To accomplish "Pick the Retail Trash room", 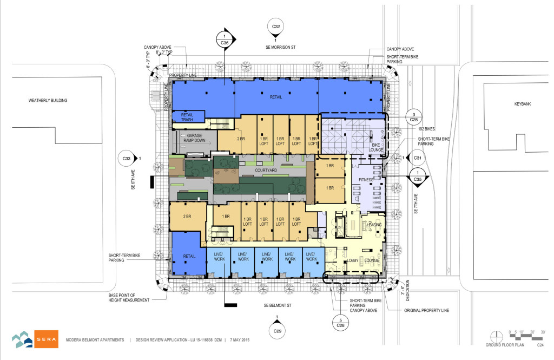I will [187, 116].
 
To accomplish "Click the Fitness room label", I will [366, 179].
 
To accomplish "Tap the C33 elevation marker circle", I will [126, 159].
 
